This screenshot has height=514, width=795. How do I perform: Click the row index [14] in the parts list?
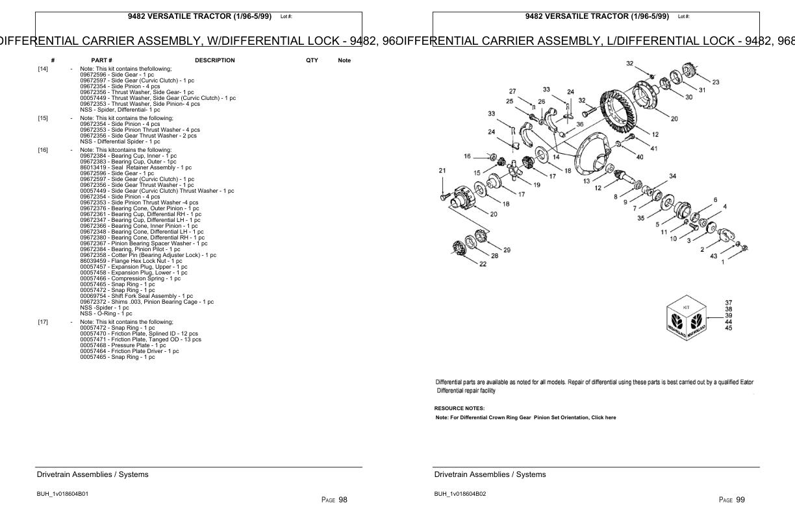[43, 68]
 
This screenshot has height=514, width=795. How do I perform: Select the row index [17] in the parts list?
[43, 322]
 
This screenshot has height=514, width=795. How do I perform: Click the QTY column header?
[312, 60]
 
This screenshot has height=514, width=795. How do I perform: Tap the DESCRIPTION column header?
[214, 60]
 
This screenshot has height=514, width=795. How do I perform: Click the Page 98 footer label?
[334, 500]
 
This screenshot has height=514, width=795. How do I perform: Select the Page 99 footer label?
[732, 500]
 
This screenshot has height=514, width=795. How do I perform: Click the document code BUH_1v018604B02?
[460, 494]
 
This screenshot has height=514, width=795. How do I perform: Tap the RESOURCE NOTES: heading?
[459, 408]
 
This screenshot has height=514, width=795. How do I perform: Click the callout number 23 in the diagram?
[715, 82]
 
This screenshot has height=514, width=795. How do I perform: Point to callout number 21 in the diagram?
[442, 171]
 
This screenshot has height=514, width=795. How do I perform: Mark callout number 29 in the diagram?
[507, 250]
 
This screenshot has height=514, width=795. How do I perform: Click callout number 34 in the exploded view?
[672, 176]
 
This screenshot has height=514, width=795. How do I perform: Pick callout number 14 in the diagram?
[556, 157]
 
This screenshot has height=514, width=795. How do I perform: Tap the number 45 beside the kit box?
[728, 328]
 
